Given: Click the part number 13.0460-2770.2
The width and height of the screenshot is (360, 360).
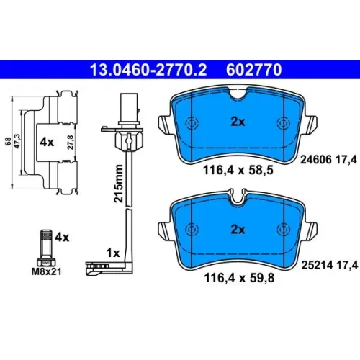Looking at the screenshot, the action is (x=148, y=70).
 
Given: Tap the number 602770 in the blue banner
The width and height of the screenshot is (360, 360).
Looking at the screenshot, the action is (x=253, y=70).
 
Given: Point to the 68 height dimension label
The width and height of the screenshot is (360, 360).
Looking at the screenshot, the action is (x=8, y=141).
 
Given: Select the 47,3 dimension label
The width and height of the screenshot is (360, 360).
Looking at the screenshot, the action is (x=17, y=141).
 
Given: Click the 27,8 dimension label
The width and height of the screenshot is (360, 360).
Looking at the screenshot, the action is (x=71, y=143).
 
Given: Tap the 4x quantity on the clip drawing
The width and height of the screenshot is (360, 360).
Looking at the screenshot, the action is (x=47, y=143).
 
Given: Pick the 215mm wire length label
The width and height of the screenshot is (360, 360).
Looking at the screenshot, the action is (x=118, y=184).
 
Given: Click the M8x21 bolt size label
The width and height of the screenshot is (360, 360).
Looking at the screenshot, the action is (x=47, y=271).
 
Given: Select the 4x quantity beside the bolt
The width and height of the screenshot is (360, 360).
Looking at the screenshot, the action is (x=62, y=238).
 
